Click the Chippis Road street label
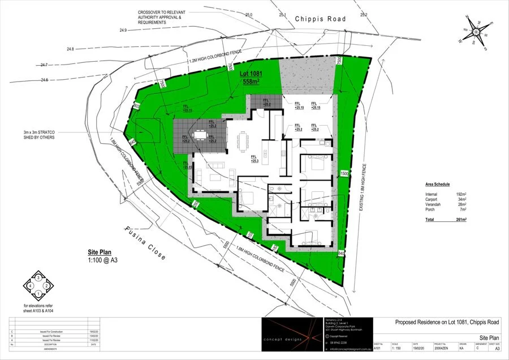click(x=320, y=18)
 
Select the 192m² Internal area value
click(x=460, y=194)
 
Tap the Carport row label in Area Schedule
click(x=433, y=199)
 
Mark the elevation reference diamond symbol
click(x=38, y=286)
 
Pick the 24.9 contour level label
click(x=124, y=29)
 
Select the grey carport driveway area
click(x=308, y=76)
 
